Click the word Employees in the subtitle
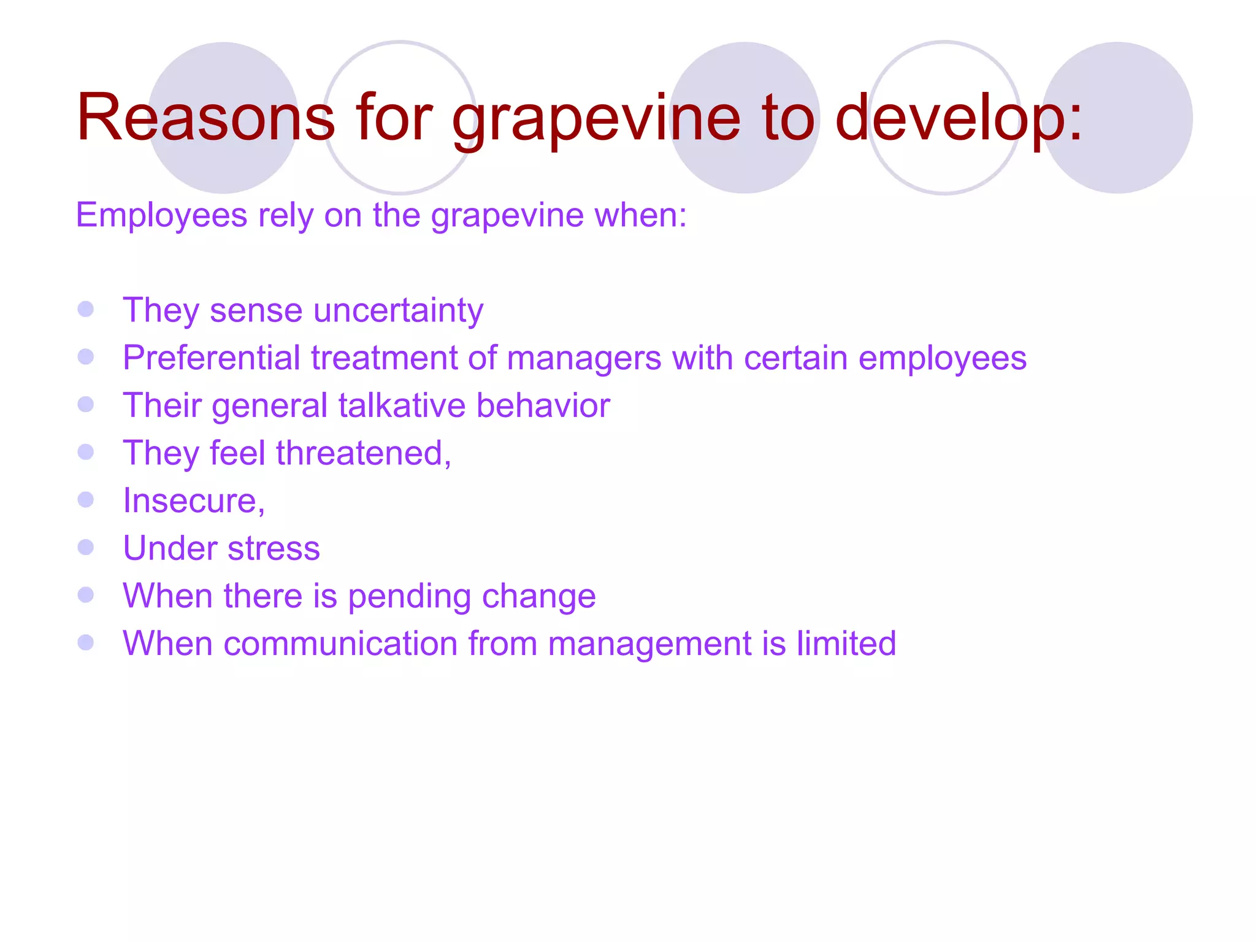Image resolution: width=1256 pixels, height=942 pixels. point(161,216)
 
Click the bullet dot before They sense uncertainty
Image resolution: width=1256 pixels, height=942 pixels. point(86,308)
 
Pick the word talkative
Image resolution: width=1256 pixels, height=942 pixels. point(402,405)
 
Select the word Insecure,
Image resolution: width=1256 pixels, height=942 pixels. point(194,500)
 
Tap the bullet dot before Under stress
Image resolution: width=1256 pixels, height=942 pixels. point(86,546)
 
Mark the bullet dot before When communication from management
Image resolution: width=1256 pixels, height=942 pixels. point(86,642)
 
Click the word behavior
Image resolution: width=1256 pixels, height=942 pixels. point(543,405)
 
